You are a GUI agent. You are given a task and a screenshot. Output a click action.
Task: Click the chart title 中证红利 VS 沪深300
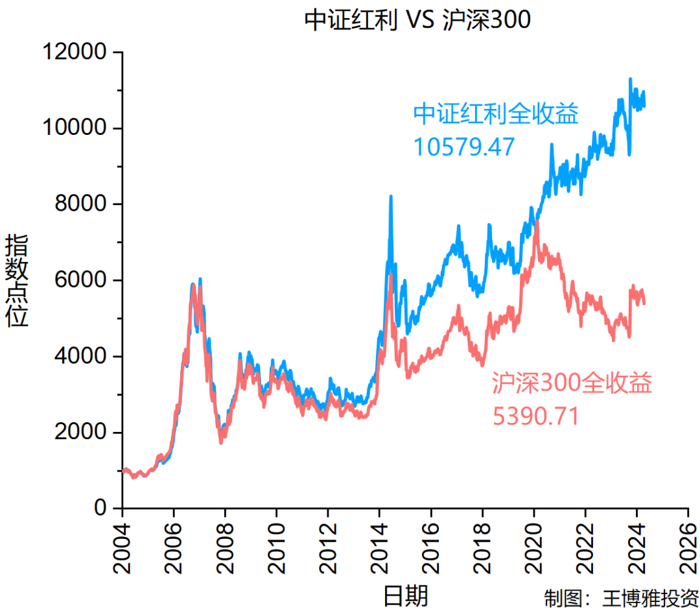point(417,20)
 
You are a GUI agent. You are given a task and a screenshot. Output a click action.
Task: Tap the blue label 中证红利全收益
point(496,114)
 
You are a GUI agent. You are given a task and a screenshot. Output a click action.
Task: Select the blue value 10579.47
point(464,147)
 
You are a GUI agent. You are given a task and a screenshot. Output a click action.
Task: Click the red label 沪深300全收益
point(571,383)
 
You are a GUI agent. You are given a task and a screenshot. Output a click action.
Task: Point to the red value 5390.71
point(535,416)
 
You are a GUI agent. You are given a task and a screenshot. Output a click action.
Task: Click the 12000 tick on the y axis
point(74,52)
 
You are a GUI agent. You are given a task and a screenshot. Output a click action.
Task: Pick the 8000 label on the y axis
point(80,204)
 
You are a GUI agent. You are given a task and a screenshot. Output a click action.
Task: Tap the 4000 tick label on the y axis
point(80,356)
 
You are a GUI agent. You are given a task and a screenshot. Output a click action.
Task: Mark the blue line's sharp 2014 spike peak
point(391,196)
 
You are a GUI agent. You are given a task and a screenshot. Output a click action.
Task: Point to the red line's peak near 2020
point(537,222)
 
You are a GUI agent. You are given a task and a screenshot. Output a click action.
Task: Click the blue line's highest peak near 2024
point(630,79)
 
